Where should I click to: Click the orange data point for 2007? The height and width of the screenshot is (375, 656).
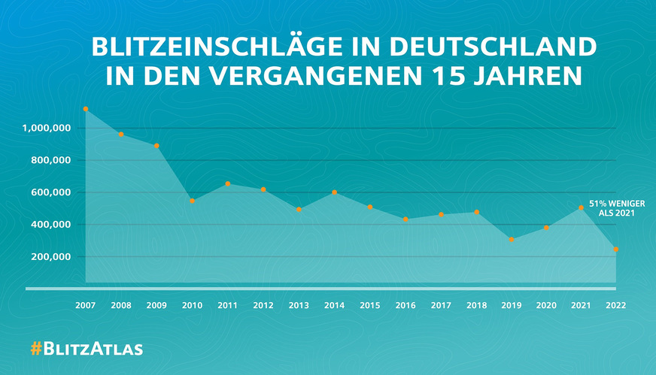point(86,109)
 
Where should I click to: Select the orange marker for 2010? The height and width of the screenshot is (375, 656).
point(192,201)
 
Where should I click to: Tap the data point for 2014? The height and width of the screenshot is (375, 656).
point(334,192)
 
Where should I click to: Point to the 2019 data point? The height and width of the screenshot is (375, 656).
point(511,240)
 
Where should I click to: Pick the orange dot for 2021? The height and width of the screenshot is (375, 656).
point(581,208)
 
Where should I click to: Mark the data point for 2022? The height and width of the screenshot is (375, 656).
point(616,249)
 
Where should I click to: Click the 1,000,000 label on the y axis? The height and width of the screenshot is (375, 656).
point(47,129)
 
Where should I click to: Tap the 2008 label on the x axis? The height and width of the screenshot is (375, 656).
point(121,306)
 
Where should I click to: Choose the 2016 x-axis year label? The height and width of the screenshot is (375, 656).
point(405,306)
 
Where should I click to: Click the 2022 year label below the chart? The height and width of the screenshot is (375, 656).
point(616,306)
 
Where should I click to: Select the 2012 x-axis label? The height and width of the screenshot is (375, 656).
point(263,306)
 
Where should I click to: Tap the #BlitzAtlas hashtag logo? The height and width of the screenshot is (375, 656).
point(86,349)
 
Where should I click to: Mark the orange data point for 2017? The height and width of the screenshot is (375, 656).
point(441,215)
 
